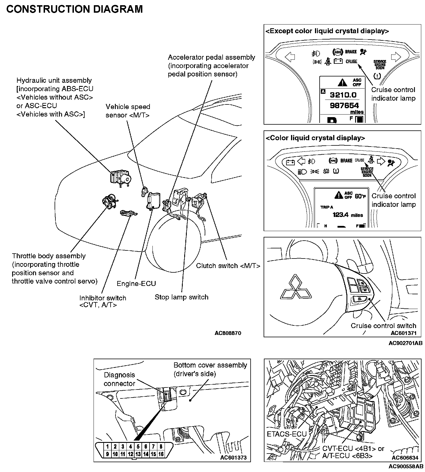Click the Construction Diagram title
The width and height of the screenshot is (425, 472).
(x=74, y=9)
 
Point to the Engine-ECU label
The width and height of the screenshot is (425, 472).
(x=136, y=284)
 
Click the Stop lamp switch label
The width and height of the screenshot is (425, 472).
(x=181, y=297)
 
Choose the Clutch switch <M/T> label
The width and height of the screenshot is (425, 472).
(x=228, y=266)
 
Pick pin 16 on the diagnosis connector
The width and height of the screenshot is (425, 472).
(x=161, y=454)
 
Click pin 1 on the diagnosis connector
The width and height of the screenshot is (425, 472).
(x=107, y=447)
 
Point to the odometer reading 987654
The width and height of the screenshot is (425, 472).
(x=344, y=105)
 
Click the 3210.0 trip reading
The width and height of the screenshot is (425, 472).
(x=343, y=95)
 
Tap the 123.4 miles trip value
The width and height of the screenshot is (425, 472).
(x=348, y=215)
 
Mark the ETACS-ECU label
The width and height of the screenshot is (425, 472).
(x=286, y=434)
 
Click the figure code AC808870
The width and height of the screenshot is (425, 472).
(x=228, y=333)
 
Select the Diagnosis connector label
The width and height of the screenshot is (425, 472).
(x=119, y=379)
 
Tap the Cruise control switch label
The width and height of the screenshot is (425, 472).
(x=383, y=326)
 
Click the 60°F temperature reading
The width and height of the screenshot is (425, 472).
(x=360, y=196)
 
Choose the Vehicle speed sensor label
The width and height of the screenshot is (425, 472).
(x=128, y=111)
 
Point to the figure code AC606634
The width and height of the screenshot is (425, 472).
(x=405, y=458)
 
